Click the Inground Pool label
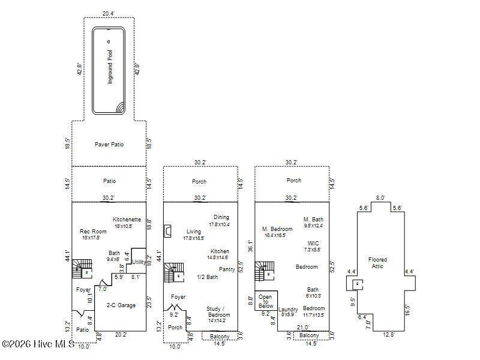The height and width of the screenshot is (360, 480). pyautogui.click(x=110, y=67)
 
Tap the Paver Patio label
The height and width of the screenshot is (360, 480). pyautogui.click(x=109, y=145)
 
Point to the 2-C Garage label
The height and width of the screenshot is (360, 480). pyautogui.click(x=121, y=305)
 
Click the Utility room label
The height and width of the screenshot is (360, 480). pyautogui.click(x=139, y=262)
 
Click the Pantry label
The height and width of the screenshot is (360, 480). pyautogui.click(x=227, y=269)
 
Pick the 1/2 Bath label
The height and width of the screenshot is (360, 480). pyautogui.click(x=207, y=277)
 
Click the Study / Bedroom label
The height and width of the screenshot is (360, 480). pyautogui.click(x=218, y=311)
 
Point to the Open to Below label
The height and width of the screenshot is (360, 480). pyautogui.click(x=266, y=301)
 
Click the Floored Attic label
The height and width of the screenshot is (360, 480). pyautogui.click(x=377, y=263)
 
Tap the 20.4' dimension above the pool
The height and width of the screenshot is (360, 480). pyautogui.click(x=108, y=13)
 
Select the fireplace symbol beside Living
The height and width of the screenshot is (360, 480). pyautogui.click(x=168, y=231)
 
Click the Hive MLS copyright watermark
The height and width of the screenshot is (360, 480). pyautogui.click(x=37, y=344)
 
